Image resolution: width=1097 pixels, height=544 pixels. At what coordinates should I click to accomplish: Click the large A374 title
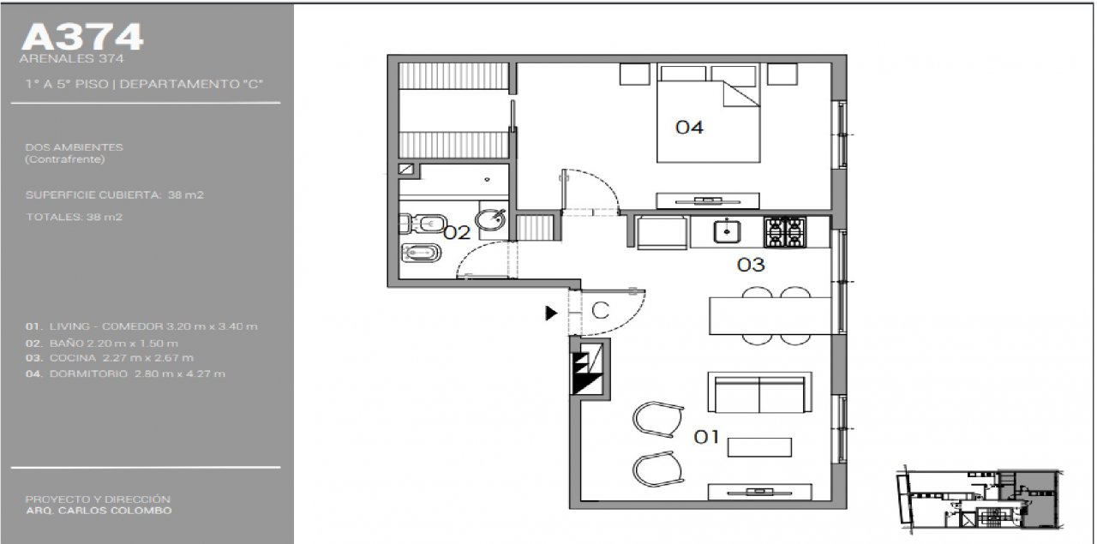click(82, 37)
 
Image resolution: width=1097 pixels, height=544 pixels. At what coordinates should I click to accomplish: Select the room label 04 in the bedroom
click(689, 128)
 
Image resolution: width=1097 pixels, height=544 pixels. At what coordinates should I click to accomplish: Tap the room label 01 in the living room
click(706, 436)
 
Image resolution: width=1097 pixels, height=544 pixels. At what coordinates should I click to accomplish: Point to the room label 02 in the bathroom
click(457, 232)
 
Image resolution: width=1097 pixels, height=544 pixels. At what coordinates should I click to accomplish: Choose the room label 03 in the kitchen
click(751, 265)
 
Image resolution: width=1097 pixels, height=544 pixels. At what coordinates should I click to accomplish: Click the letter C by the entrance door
click(601, 310)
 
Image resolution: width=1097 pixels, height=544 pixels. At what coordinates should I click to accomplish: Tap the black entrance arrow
click(551, 313)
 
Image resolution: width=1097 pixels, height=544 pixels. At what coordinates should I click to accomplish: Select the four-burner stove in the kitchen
click(784, 232)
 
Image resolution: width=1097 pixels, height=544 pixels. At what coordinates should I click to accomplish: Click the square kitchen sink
click(727, 231)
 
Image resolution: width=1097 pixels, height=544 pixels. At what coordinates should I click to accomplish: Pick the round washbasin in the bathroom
click(491, 220)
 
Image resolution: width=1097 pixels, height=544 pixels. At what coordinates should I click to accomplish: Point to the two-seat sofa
click(759, 392)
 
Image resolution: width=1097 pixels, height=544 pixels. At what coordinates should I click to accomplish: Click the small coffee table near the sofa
click(759, 447)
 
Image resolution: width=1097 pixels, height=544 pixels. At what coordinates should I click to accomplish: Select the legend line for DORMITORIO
click(125, 374)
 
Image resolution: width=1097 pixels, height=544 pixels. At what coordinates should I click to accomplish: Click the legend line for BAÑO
click(102, 344)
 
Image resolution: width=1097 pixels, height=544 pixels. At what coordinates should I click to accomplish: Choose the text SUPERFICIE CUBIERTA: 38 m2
click(115, 194)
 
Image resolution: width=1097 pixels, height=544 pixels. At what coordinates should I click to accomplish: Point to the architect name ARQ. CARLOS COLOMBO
click(99, 511)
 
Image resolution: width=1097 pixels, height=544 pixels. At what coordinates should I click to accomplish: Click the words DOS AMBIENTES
click(74, 147)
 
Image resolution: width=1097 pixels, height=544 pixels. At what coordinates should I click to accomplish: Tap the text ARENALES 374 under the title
click(71, 59)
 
